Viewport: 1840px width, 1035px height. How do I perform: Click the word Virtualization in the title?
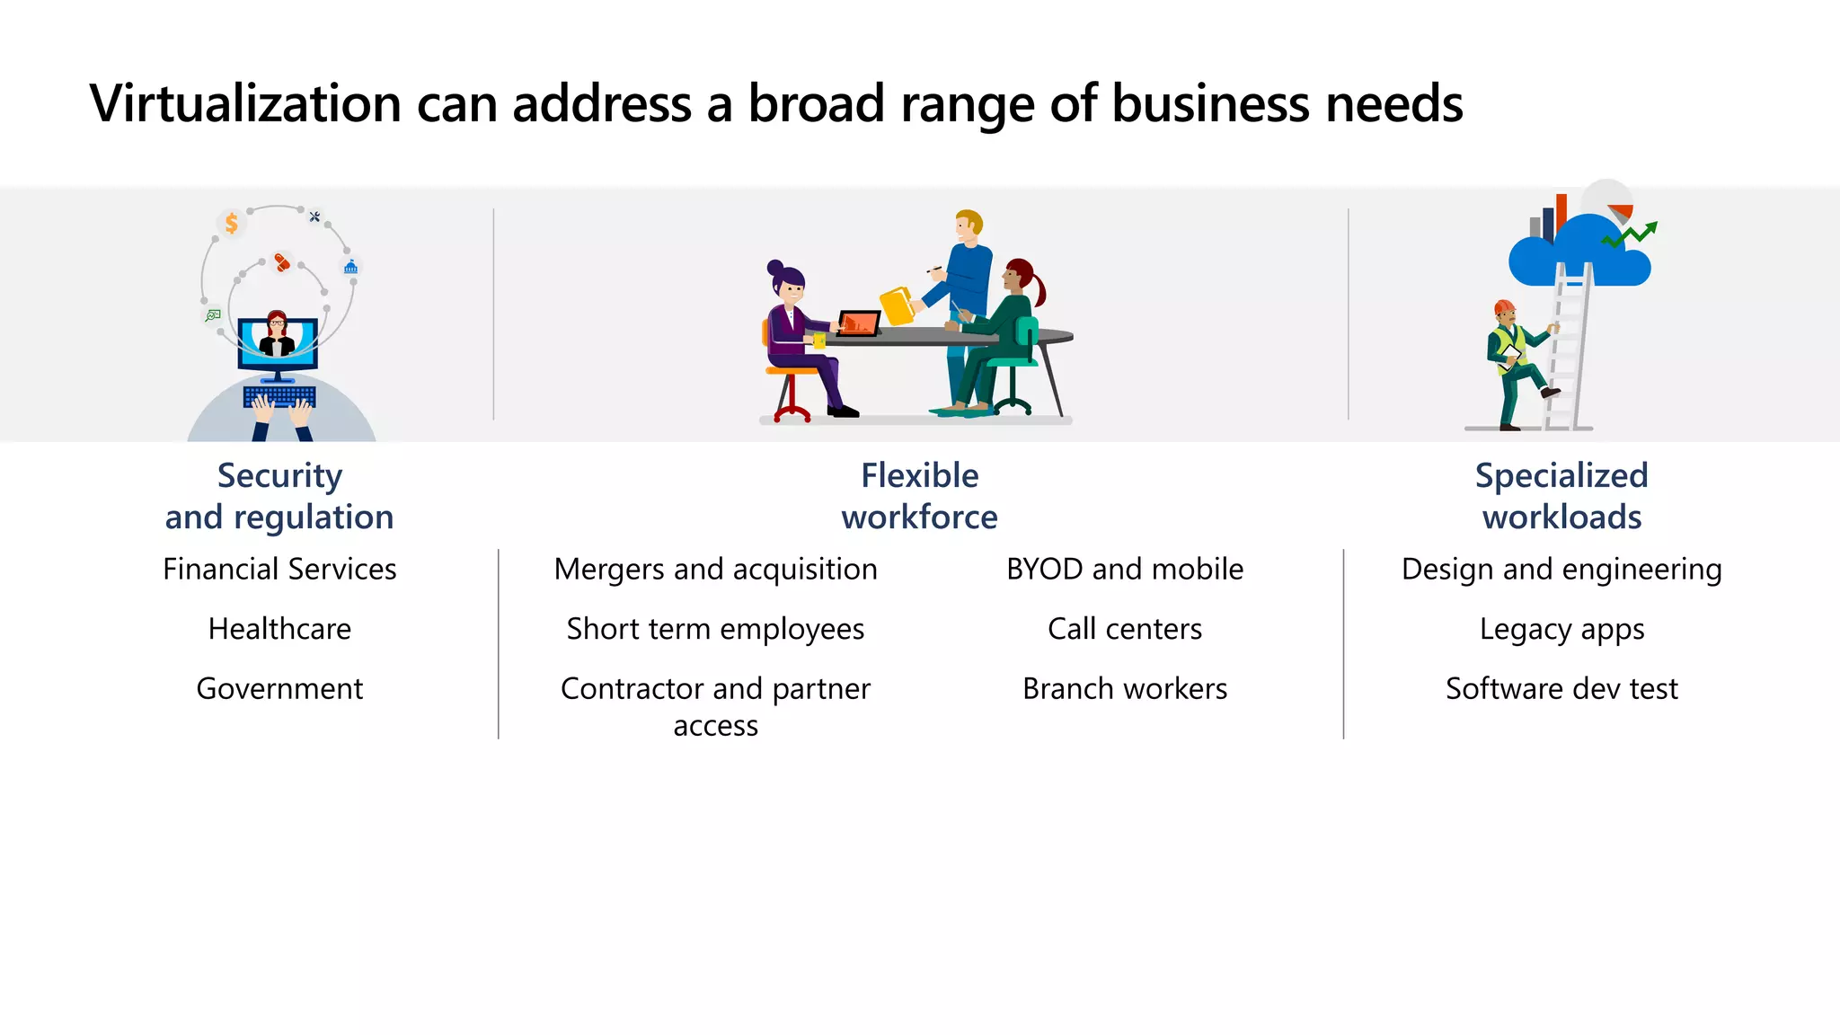coord(245,103)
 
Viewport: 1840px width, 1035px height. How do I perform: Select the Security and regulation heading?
coord(279,496)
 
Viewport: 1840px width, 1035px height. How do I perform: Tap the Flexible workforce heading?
coord(919,496)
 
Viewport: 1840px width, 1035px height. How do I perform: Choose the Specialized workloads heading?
coord(1561,496)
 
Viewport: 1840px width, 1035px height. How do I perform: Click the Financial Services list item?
coord(279,570)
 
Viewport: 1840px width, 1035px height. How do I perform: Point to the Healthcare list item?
coord(279,629)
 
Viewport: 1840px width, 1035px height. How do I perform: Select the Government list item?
coord(279,689)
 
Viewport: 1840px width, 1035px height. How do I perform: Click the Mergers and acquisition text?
coord(715,570)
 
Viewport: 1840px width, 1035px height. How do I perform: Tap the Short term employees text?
coord(715,629)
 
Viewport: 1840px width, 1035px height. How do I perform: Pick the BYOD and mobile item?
coord(1125,570)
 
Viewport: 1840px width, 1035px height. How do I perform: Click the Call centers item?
coord(1125,629)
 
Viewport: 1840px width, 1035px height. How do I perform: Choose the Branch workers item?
coord(1125,689)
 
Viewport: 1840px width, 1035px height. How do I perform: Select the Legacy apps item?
coord(1561,629)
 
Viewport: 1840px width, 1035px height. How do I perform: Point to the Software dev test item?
coord(1561,689)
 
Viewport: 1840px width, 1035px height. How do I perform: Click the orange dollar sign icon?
coord(232,223)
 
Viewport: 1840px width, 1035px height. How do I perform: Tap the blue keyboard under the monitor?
coord(279,396)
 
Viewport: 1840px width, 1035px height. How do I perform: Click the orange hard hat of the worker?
coord(1504,307)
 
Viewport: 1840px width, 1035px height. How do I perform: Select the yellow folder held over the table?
coord(897,305)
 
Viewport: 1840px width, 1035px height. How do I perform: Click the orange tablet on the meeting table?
coord(858,323)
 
